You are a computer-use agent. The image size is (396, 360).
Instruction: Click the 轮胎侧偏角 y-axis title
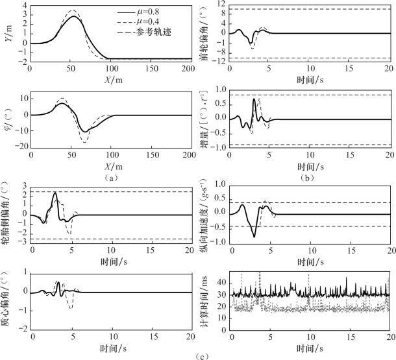pyautogui.click(x=8, y=214)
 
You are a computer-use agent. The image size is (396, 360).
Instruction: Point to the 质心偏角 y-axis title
pyautogui.click(x=8, y=299)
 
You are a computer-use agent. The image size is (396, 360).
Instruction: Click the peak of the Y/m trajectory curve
pyautogui.click(x=75, y=16)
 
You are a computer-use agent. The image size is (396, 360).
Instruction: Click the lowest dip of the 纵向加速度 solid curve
pyautogui.click(x=254, y=236)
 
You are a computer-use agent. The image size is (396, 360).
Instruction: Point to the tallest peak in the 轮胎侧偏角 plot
pyautogui.click(x=55, y=193)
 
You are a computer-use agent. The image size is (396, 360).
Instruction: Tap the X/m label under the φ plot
pyautogui.click(x=108, y=165)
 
